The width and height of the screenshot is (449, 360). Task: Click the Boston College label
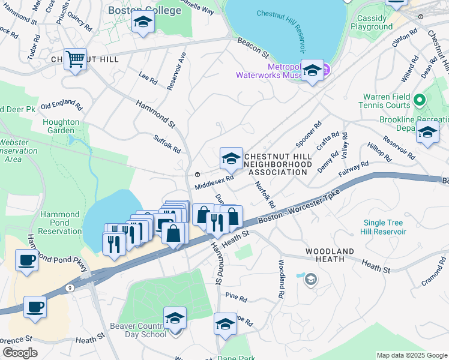pos(144,10)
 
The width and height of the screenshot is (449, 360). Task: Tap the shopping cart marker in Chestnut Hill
pos(76,60)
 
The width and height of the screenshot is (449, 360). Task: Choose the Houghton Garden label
pos(61,126)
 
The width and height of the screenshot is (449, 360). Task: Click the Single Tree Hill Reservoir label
pos(384,227)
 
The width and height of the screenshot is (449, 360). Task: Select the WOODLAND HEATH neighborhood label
pos(329,255)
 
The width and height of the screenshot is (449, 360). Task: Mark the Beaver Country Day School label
pos(137,329)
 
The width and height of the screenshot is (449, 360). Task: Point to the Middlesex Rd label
pos(214,180)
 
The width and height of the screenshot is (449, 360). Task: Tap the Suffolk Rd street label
pos(167,143)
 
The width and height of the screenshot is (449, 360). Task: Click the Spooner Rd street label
pos(309,135)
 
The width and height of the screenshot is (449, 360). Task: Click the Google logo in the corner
pos(20,353)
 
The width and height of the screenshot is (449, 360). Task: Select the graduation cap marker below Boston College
pos(143,22)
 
